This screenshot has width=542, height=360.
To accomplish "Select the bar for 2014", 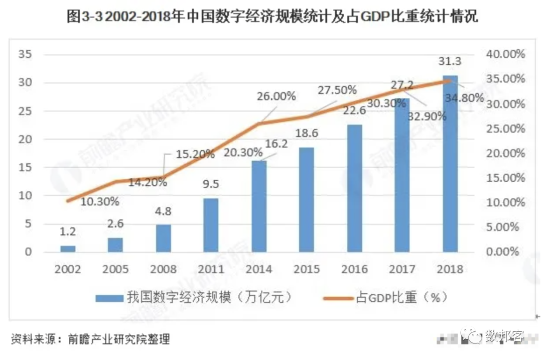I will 259,206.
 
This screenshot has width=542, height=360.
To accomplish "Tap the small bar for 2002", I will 68,249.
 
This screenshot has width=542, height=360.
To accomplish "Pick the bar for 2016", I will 355,188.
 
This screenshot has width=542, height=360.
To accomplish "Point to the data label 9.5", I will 211,184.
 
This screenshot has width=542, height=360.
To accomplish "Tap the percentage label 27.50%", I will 337,90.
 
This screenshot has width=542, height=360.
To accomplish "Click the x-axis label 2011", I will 211,269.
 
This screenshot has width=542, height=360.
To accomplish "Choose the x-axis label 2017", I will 402,269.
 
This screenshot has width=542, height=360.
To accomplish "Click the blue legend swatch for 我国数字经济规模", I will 109,298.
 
